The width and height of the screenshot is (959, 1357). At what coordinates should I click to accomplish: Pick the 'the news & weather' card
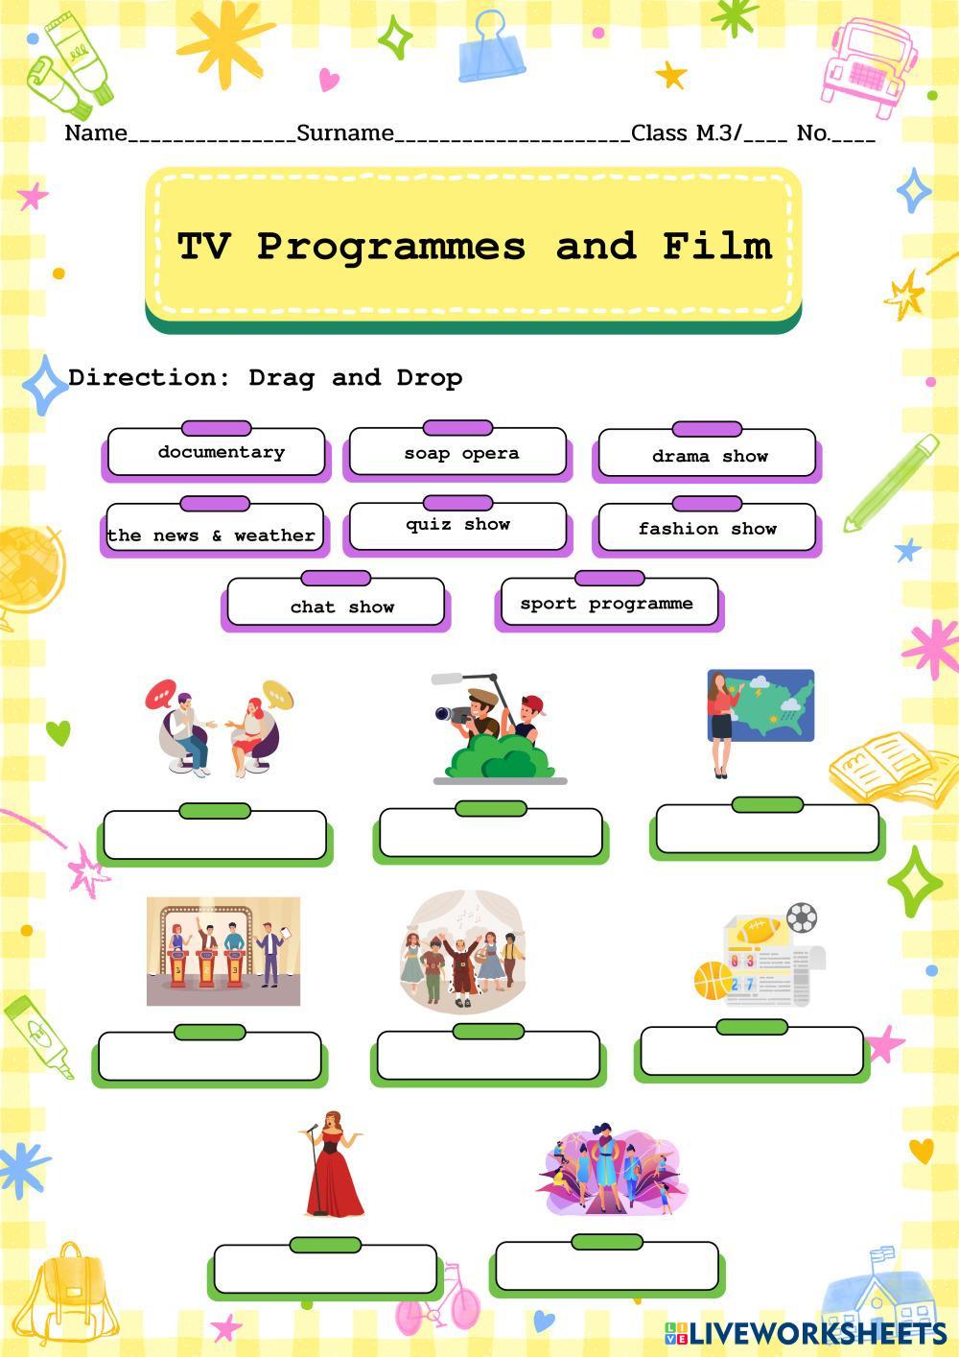pyautogui.click(x=213, y=534)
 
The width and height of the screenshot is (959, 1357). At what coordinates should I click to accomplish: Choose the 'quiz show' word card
pyautogui.click(x=457, y=526)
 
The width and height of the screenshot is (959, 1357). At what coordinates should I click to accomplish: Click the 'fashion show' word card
pyautogui.click(x=706, y=529)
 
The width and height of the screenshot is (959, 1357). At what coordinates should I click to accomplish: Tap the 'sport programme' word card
pyautogui.click(x=608, y=603)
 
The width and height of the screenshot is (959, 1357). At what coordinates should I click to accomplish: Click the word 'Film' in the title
pyautogui.click(x=716, y=247)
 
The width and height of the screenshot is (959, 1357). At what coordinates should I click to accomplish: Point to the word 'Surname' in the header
pyautogui.click(x=345, y=133)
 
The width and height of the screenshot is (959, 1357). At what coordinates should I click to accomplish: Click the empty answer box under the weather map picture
pyautogui.click(x=767, y=829)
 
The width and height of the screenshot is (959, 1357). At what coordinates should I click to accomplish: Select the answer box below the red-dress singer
pyautogui.click(x=324, y=1269)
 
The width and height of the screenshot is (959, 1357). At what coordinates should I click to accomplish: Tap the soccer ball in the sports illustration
pyautogui.click(x=802, y=918)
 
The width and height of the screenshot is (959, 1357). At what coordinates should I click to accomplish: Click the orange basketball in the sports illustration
pyautogui.click(x=713, y=980)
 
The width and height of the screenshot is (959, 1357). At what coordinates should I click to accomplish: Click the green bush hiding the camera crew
pyautogui.click(x=501, y=758)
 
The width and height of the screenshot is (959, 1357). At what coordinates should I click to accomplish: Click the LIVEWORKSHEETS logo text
pyautogui.click(x=817, y=1333)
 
